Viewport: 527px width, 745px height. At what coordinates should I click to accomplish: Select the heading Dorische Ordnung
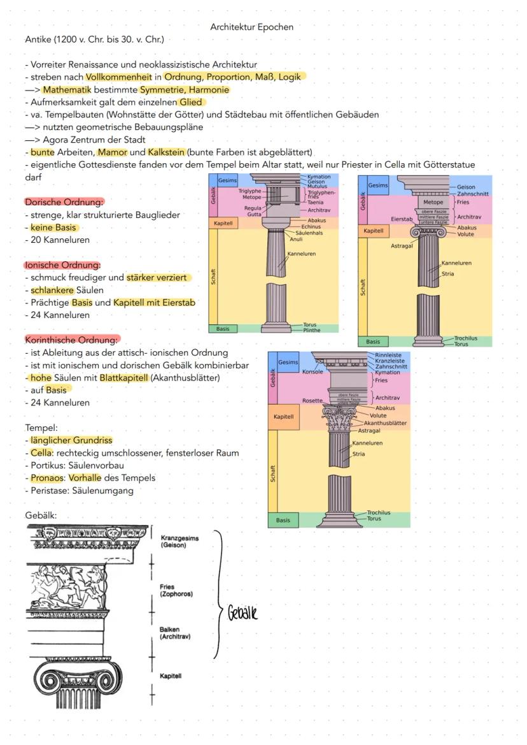[64, 202]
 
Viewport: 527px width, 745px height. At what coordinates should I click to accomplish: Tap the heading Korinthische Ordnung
[72, 339]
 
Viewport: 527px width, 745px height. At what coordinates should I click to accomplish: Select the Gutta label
[254, 213]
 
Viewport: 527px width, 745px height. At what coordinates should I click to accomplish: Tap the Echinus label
[311, 226]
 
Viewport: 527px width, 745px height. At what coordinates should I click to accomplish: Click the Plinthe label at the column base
[312, 330]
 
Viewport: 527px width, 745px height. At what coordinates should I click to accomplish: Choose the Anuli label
[297, 239]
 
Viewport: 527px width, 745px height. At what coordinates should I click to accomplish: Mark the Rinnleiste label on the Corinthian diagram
[388, 355]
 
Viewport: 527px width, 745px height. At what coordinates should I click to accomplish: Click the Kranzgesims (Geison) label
[179, 542]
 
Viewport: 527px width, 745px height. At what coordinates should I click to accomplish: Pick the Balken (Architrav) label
[176, 633]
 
